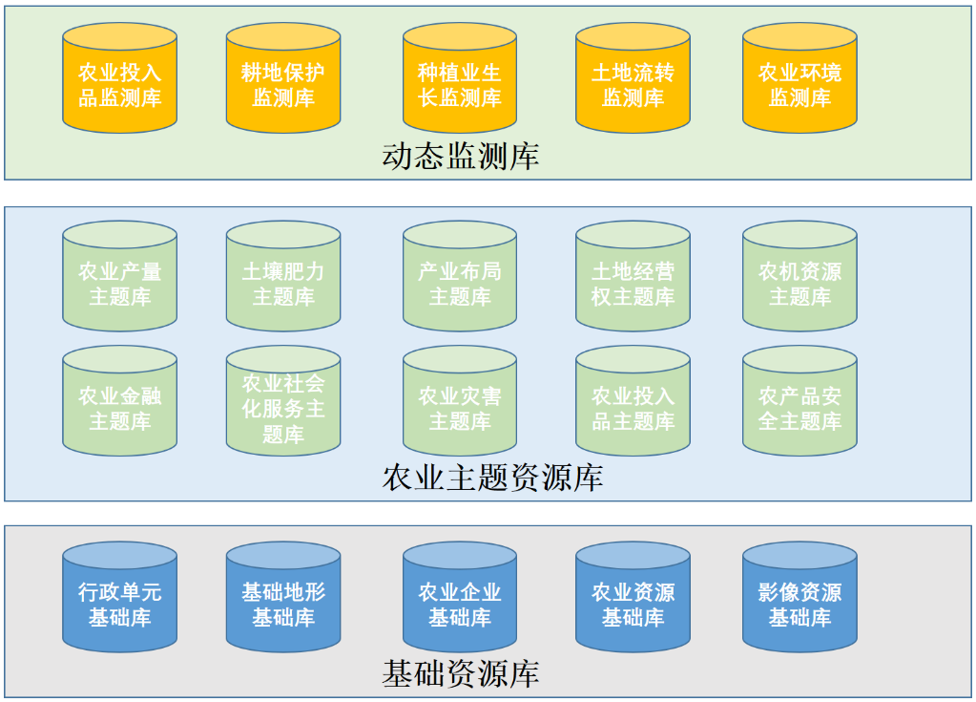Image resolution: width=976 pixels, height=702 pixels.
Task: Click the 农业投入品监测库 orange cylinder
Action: [119, 84]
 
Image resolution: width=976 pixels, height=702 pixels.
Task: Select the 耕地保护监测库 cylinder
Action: [283, 84]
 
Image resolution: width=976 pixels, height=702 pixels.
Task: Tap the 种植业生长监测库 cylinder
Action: [459, 84]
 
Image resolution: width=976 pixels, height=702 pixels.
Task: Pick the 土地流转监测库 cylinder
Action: [633, 84]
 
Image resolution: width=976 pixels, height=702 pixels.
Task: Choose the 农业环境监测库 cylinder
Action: [799, 84]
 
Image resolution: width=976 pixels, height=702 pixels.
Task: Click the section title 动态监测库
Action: [460, 156]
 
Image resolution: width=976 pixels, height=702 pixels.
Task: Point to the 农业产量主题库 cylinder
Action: [119, 284]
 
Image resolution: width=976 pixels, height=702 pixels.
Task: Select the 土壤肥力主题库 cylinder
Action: [283, 284]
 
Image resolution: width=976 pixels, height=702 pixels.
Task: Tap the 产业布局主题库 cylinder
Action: [459, 284]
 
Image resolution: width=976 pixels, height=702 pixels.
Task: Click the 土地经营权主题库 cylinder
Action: [633, 284]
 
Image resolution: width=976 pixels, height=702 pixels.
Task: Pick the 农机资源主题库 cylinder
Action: [799, 284]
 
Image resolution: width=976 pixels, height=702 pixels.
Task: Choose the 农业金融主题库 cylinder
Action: [119, 408]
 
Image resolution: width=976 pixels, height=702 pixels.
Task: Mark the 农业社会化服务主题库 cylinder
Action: [283, 408]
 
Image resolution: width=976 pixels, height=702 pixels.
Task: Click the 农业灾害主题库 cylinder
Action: [459, 408]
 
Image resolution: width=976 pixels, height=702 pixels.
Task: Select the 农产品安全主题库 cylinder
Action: [799, 408]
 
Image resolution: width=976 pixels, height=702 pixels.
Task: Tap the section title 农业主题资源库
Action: [492, 478]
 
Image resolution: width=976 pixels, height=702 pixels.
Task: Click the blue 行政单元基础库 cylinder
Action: [119, 605]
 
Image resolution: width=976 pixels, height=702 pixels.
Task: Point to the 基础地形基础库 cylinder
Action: [283, 605]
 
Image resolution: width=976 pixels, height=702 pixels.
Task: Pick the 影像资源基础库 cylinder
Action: [799, 605]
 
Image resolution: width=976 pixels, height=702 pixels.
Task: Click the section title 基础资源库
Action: [460, 674]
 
